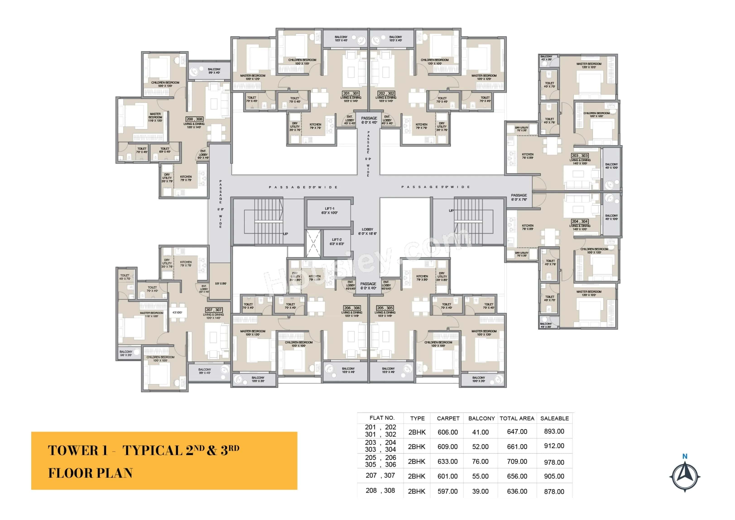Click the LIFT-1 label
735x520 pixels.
click(x=329, y=211)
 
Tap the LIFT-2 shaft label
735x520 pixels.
click(x=336, y=241)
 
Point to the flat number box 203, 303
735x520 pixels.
click(x=580, y=156)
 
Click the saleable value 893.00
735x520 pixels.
click(x=554, y=431)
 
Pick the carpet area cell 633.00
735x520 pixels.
click(x=448, y=461)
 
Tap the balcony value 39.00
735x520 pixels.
click(x=480, y=491)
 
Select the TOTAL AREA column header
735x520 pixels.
click(x=517, y=418)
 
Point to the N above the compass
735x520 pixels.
click(x=685, y=456)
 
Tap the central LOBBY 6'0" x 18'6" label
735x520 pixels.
click(x=367, y=231)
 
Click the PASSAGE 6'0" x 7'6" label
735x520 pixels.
click(x=519, y=197)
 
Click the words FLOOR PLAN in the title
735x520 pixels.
click(x=90, y=473)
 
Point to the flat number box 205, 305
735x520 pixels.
click(x=385, y=308)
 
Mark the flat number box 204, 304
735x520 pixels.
click(x=580, y=221)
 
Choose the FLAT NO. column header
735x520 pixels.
click(x=382, y=418)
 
